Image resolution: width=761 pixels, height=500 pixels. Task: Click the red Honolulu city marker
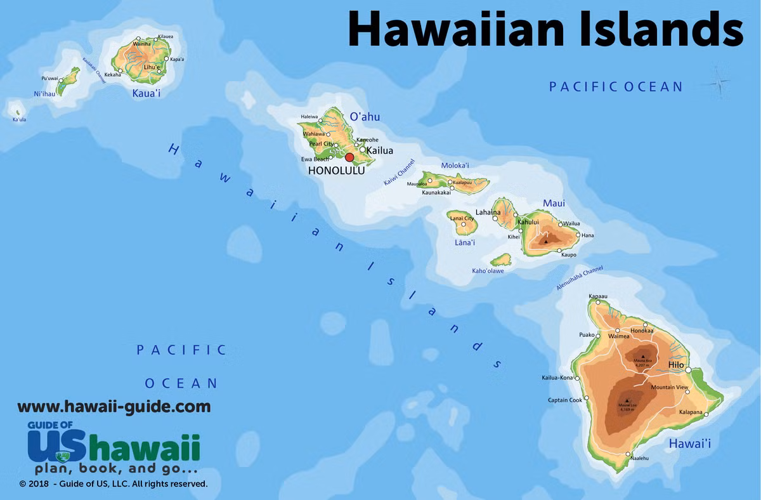tap(349, 157)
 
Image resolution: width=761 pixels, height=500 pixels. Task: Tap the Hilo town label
tap(676, 365)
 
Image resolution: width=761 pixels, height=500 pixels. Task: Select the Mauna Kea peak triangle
tap(639, 357)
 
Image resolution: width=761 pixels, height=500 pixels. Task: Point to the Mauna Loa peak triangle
tap(627, 400)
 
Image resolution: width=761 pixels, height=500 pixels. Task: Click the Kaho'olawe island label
tap(488, 271)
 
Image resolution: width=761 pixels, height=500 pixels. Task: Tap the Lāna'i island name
tap(465, 242)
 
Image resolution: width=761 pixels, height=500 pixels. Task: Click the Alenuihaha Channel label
tap(580, 279)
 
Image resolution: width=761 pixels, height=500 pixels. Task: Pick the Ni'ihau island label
tap(45, 94)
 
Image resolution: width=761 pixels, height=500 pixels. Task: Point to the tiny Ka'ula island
tap(17, 114)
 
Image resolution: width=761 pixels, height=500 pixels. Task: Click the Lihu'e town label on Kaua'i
tap(152, 67)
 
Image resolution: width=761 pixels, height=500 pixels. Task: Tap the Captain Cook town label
tap(565, 400)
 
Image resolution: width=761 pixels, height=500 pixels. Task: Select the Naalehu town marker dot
tap(628, 454)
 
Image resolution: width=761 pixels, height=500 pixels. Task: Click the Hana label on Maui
tap(587, 235)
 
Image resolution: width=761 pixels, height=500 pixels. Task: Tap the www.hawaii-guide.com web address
tap(114, 406)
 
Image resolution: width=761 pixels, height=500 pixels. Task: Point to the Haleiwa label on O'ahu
tap(309, 117)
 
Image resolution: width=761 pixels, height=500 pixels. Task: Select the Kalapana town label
tap(691, 412)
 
